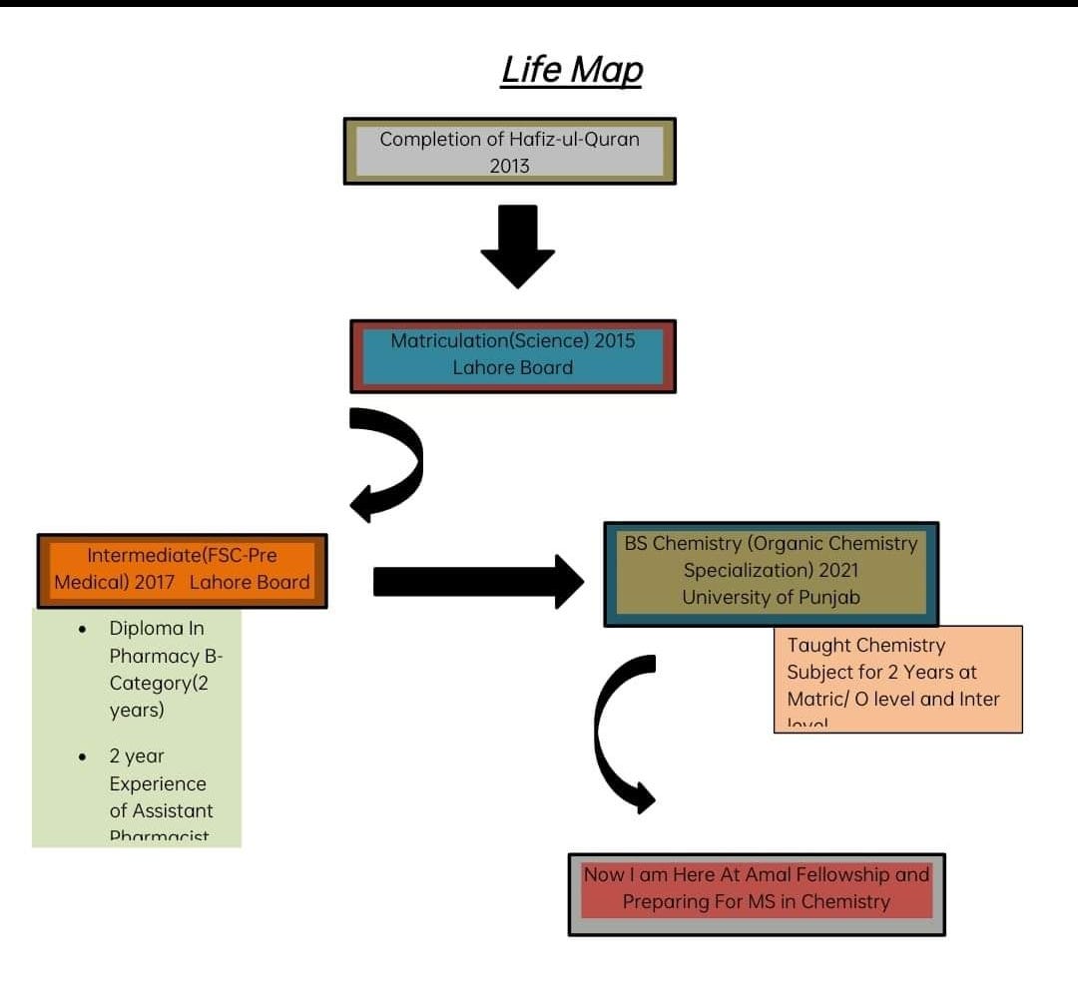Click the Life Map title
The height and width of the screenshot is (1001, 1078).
click(x=572, y=70)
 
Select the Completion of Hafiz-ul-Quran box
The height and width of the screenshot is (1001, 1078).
click(x=509, y=151)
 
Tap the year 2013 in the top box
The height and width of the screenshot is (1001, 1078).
click(x=509, y=166)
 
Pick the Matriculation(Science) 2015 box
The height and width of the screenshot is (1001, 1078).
click(x=512, y=355)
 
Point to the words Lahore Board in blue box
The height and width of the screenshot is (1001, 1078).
click(x=512, y=367)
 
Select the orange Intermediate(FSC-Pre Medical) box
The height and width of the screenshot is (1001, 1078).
click(x=182, y=570)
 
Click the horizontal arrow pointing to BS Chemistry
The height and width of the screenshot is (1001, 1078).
click(x=477, y=581)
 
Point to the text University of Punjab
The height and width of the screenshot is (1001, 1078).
click(x=771, y=597)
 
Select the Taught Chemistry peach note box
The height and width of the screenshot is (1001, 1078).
click(x=897, y=679)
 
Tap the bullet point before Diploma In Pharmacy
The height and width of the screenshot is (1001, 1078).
click(x=83, y=630)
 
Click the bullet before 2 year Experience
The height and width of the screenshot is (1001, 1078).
click(x=83, y=757)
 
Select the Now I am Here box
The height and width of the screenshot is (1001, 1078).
click(x=756, y=893)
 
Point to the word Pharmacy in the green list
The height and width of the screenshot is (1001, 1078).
click(x=156, y=657)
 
